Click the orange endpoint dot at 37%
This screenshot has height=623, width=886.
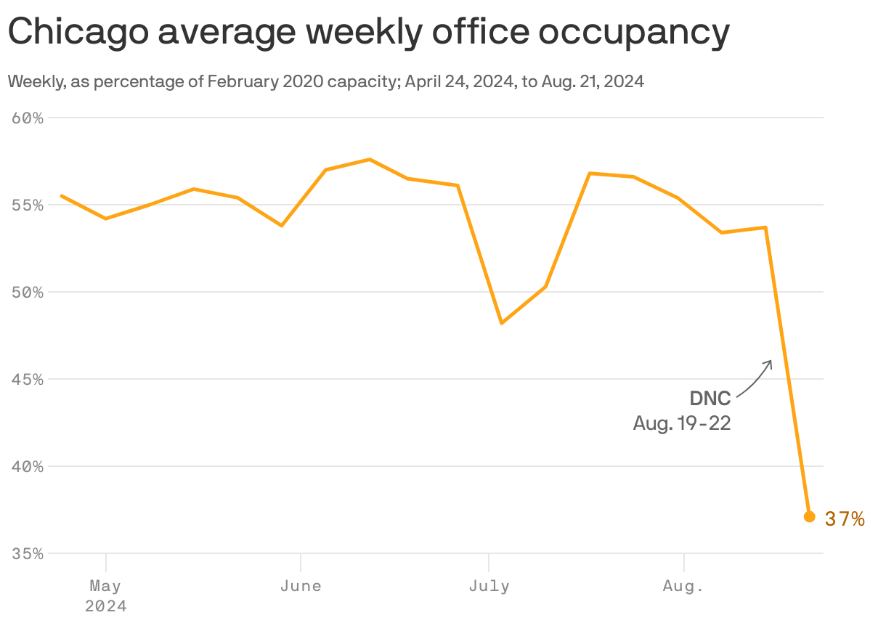(x=810, y=516)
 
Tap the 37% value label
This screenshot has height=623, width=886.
(x=845, y=518)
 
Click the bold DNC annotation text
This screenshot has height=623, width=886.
(x=710, y=398)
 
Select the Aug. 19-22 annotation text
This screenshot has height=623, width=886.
(x=681, y=423)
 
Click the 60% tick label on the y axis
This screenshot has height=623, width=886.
(x=28, y=118)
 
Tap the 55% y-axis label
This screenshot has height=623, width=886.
(x=28, y=205)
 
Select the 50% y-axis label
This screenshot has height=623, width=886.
(x=28, y=292)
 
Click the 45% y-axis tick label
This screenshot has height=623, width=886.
(x=28, y=379)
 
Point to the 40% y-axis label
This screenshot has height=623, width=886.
(x=28, y=466)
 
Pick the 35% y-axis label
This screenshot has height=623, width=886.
(x=28, y=553)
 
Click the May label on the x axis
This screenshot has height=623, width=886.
(x=105, y=586)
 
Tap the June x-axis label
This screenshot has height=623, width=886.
(x=301, y=586)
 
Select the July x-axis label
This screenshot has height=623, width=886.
(x=489, y=586)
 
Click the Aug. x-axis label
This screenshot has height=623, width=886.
(x=683, y=586)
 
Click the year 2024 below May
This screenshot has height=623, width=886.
(x=105, y=606)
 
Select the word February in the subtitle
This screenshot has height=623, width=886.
(x=239, y=82)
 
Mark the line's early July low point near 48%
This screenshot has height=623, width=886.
(x=501, y=322)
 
